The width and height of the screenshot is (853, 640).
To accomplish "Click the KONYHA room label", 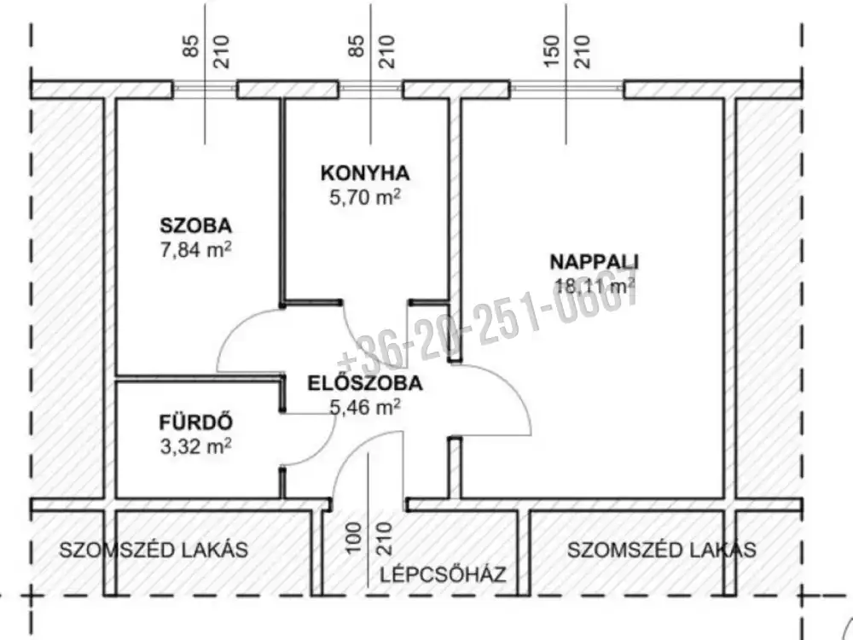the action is click(364, 173).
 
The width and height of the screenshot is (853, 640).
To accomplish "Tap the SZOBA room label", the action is click(196, 225).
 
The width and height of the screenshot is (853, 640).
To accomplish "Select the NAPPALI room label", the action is click(594, 262).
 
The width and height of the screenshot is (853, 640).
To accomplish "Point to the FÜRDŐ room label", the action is click(196, 422).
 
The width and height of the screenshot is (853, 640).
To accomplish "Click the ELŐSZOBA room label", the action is click(365, 382).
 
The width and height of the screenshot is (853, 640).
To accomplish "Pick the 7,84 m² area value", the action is click(196, 250).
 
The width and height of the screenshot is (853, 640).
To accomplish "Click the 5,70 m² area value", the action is click(365, 197).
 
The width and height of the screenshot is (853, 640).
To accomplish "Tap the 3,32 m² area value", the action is click(196, 446).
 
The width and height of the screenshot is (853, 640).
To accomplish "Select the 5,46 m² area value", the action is click(365, 406).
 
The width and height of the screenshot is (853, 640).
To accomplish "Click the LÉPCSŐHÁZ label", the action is click(443, 574).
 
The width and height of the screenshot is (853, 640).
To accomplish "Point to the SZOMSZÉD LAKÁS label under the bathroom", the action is click(154, 550).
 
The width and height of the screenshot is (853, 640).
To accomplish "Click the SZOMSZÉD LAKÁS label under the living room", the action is click(662, 550).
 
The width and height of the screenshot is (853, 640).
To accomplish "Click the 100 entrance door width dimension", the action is click(354, 538).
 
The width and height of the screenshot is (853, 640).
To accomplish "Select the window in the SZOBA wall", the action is click(205, 90).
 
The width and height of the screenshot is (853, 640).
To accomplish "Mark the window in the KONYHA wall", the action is click(370, 90).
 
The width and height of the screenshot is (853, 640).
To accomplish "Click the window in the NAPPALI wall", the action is click(566, 90).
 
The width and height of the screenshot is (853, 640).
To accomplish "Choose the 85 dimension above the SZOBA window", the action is click(190, 46).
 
